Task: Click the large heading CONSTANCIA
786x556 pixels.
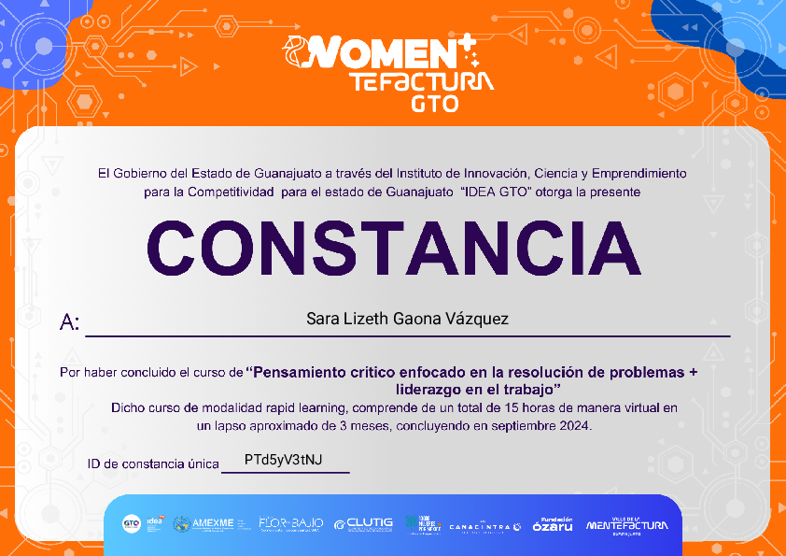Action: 393,248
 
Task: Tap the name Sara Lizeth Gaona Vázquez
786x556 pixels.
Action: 407,319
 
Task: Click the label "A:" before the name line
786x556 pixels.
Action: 70,323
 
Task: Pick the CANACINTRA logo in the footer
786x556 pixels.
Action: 484,527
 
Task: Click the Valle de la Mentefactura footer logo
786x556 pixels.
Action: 626,525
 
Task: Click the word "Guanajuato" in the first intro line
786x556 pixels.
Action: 278,173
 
